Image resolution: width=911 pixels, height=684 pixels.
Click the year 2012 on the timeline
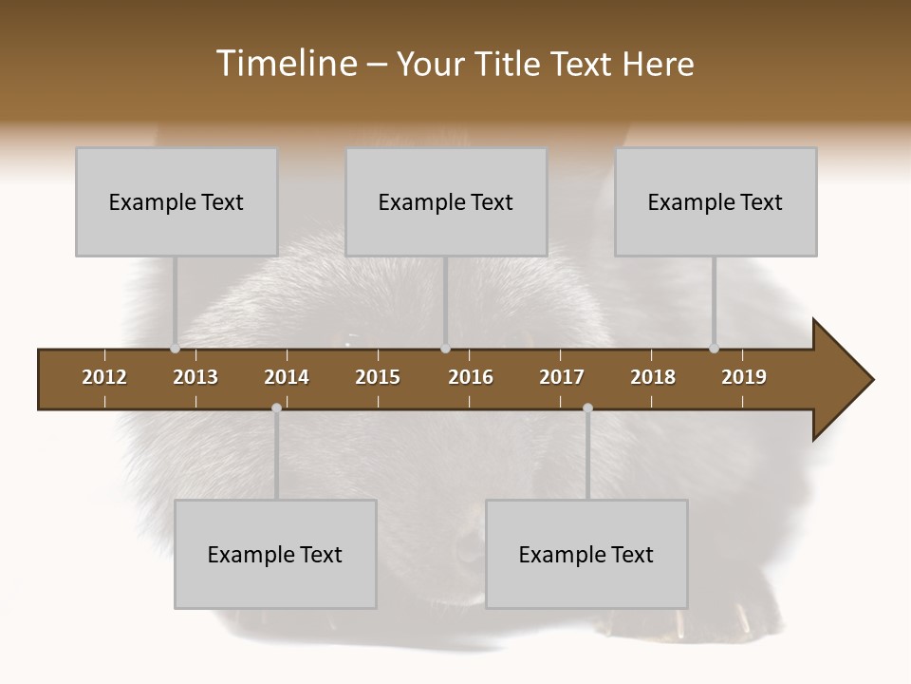tap(104, 377)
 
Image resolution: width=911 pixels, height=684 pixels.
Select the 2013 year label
tap(195, 377)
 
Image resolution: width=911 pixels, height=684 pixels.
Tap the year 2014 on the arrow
tap(287, 377)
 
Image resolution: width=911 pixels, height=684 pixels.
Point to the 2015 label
tap(378, 377)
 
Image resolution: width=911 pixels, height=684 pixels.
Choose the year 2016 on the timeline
tap(471, 377)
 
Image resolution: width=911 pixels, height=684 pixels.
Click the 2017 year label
tap(562, 377)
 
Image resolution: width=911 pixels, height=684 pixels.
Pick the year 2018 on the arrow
tap(653, 377)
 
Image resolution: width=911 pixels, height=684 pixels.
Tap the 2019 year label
tap(744, 377)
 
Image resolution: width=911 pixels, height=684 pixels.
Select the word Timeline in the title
tap(286, 64)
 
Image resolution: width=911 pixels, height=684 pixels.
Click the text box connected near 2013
tap(177, 201)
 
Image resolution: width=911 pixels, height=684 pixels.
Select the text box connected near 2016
tap(446, 201)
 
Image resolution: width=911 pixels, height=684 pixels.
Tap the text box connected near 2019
tap(716, 201)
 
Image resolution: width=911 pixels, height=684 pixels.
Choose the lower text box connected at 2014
tap(275, 554)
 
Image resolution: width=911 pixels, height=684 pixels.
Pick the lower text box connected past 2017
tap(586, 554)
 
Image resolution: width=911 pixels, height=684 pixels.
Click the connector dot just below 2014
tap(276, 408)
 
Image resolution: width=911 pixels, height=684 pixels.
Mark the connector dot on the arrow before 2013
tap(175, 349)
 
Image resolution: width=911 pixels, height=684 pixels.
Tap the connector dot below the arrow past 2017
tap(587, 408)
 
